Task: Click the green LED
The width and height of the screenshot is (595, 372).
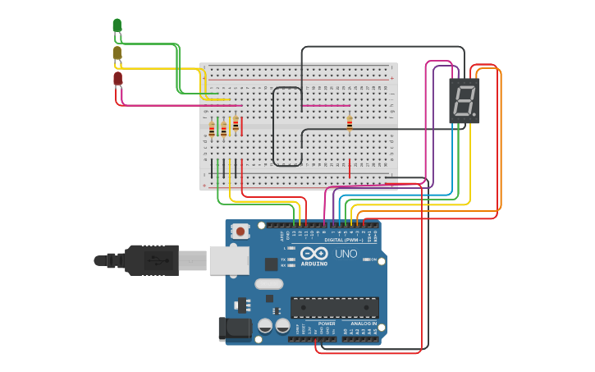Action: coord(117,25)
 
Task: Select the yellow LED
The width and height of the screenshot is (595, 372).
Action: coord(117,53)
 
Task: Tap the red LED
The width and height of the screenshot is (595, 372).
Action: coord(117,79)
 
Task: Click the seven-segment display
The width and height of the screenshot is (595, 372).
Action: coord(464,101)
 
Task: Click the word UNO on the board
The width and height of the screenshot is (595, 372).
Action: coord(346,254)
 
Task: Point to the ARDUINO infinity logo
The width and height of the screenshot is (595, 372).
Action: coord(314,254)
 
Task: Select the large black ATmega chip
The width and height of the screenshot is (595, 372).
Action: coord(334,307)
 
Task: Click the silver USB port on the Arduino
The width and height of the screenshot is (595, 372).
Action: coord(229,260)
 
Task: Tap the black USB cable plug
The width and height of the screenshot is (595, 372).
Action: coord(152,260)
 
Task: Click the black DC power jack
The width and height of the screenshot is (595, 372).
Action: coord(233,328)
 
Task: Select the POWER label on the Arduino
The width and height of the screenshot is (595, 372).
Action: coord(327,324)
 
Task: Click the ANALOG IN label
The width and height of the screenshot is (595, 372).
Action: coord(364,324)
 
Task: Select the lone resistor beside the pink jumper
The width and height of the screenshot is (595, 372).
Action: coord(350,123)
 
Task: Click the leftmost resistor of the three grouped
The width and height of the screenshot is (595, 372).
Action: coord(212,130)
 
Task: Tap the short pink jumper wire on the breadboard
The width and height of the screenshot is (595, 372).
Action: coord(326,105)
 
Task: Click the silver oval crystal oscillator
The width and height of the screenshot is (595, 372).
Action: coord(268,284)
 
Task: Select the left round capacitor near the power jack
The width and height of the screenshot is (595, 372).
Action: coord(265,326)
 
